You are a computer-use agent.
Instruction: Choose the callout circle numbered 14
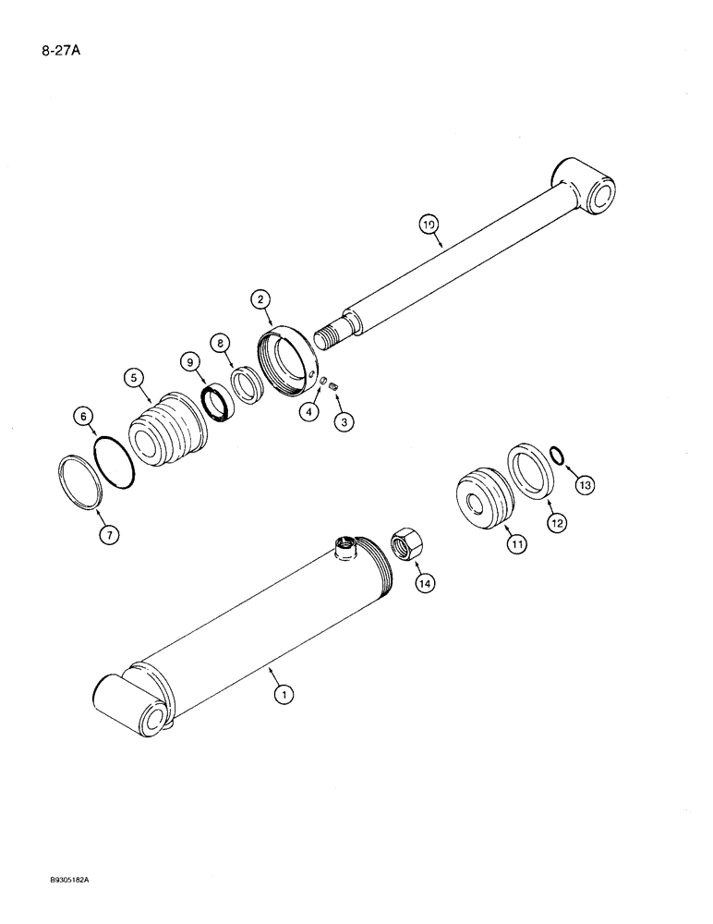coord(424,583)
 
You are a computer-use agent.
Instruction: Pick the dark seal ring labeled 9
coord(221,404)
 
